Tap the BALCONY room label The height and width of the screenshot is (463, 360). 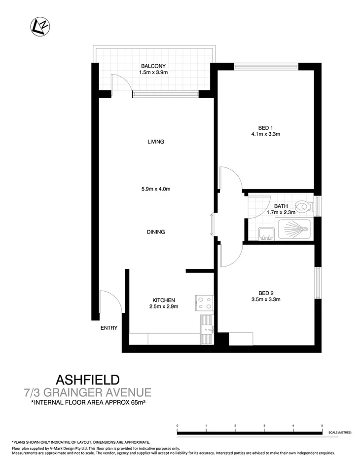pos(154,66)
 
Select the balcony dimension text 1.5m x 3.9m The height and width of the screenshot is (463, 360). pos(154,73)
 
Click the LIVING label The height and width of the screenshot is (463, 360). pos(155,142)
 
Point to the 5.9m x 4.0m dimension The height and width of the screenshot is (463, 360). pos(155,189)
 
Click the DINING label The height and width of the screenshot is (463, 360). pos(155,232)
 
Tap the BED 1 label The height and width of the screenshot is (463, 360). pos(266,126)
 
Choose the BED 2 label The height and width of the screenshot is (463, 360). pos(266,292)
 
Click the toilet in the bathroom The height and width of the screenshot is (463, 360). pos(302,205)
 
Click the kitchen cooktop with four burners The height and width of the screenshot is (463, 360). pos(205,302)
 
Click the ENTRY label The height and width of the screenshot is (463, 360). pos(109,327)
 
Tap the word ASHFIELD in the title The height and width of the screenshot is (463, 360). pos(88,380)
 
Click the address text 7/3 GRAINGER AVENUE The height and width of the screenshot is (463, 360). pos(87,393)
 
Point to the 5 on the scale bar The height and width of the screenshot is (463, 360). pos(322,425)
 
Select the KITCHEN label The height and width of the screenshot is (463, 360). pos(163,300)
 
